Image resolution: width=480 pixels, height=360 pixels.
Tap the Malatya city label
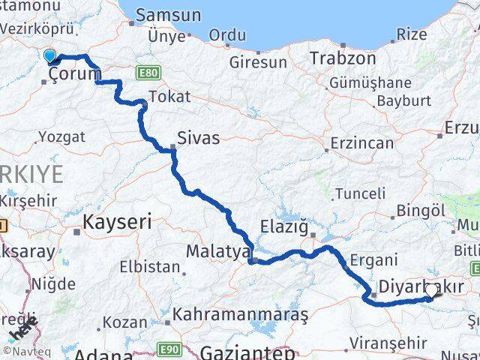pyautogui.click(x=217, y=252)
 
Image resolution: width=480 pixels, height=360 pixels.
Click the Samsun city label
pyautogui.click(x=168, y=15)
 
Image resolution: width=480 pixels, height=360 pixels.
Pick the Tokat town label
pyautogui.click(x=169, y=97)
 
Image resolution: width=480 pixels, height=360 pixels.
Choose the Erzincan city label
pyautogui.click(x=363, y=142)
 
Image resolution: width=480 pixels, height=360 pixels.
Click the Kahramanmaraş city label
pyautogui.click(x=240, y=315)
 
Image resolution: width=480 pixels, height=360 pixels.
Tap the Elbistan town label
pyautogui.click(x=150, y=266)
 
